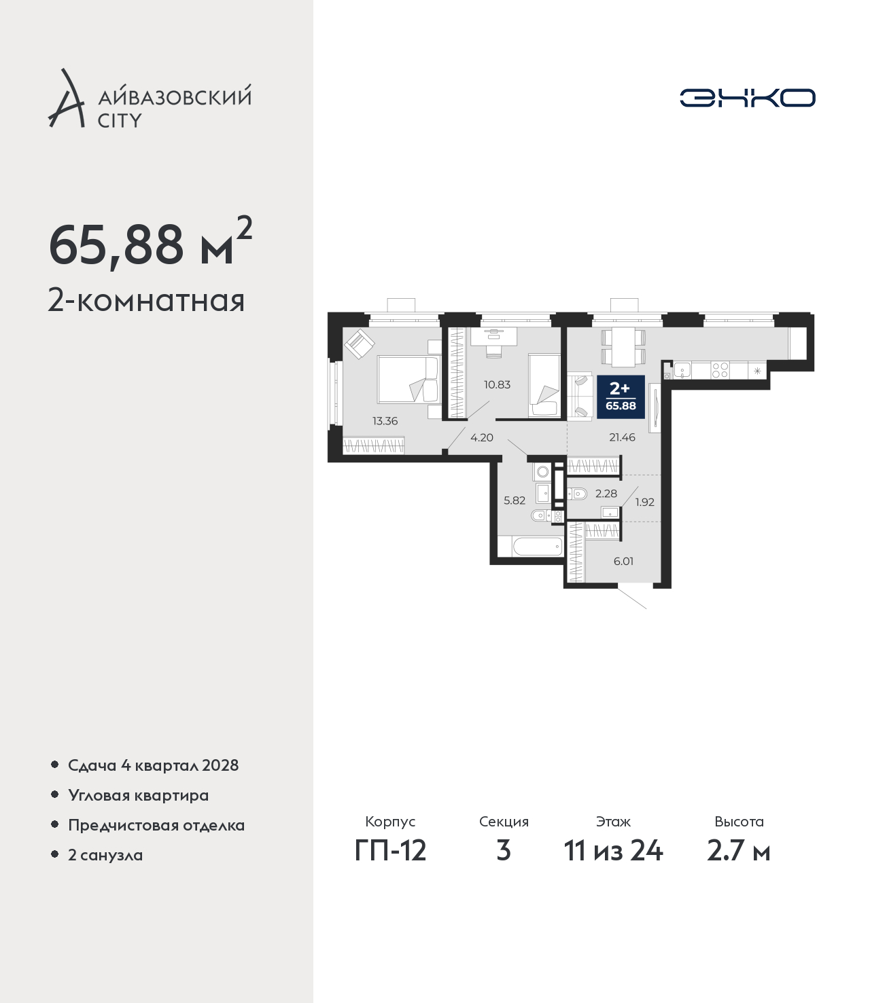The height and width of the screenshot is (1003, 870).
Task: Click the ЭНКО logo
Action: (747, 98)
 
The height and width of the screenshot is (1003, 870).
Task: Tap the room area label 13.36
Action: (385, 421)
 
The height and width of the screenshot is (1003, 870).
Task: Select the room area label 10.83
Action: (497, 385)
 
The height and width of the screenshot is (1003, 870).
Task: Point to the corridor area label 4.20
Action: (482, 438)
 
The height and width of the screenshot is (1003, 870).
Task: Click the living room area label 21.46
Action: (623, 438)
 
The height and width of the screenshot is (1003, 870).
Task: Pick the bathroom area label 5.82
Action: (515, 500)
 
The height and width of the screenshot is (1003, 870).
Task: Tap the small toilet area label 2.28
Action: (606, 494)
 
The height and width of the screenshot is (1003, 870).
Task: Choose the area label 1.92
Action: (644, 503)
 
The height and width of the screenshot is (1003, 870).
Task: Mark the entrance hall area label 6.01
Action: (623, 562)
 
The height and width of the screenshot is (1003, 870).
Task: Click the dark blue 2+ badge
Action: (621, 397)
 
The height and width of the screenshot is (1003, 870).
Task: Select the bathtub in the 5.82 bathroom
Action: (538, 547)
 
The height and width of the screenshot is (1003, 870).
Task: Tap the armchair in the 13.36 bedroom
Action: (360, 344)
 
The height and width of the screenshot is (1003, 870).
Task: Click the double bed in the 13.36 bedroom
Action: (409, 379)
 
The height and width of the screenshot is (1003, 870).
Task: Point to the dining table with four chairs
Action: (624, 347)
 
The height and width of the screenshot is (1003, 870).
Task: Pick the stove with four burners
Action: (719, 370)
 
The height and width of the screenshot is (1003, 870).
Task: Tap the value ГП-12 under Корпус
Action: (391, 851)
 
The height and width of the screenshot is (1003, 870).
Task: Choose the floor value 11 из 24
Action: (613, 851)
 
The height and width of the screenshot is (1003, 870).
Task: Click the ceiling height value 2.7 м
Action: (739, 851)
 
